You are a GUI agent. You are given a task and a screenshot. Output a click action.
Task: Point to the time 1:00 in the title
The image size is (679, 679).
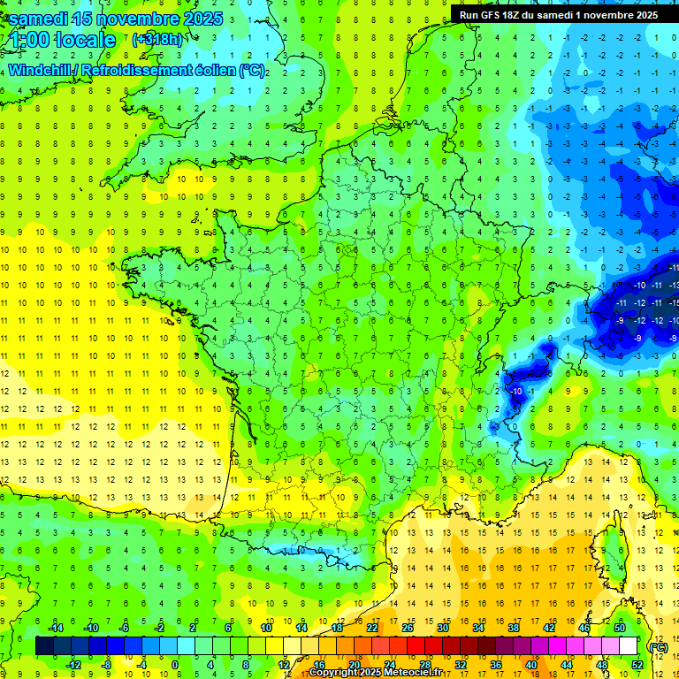point(27,41)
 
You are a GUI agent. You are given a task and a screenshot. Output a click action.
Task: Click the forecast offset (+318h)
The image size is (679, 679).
point(157,40)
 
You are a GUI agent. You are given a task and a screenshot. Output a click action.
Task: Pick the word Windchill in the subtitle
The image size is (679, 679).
point(39,70)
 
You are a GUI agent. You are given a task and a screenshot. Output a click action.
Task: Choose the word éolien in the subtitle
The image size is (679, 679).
point(216,70)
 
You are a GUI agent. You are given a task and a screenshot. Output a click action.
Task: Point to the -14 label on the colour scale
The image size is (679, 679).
point(55,628)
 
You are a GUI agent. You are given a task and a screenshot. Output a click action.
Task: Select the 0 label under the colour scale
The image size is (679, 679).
point(175,664)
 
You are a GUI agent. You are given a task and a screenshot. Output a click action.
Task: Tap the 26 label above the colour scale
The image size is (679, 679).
point(407,628)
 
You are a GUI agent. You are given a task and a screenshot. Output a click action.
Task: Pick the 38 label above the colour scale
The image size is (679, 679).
point(513,628)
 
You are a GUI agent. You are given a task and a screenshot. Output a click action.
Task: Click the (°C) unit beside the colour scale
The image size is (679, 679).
point(658,646)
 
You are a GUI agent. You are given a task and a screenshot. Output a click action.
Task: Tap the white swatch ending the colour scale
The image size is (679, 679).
point(628,646)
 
